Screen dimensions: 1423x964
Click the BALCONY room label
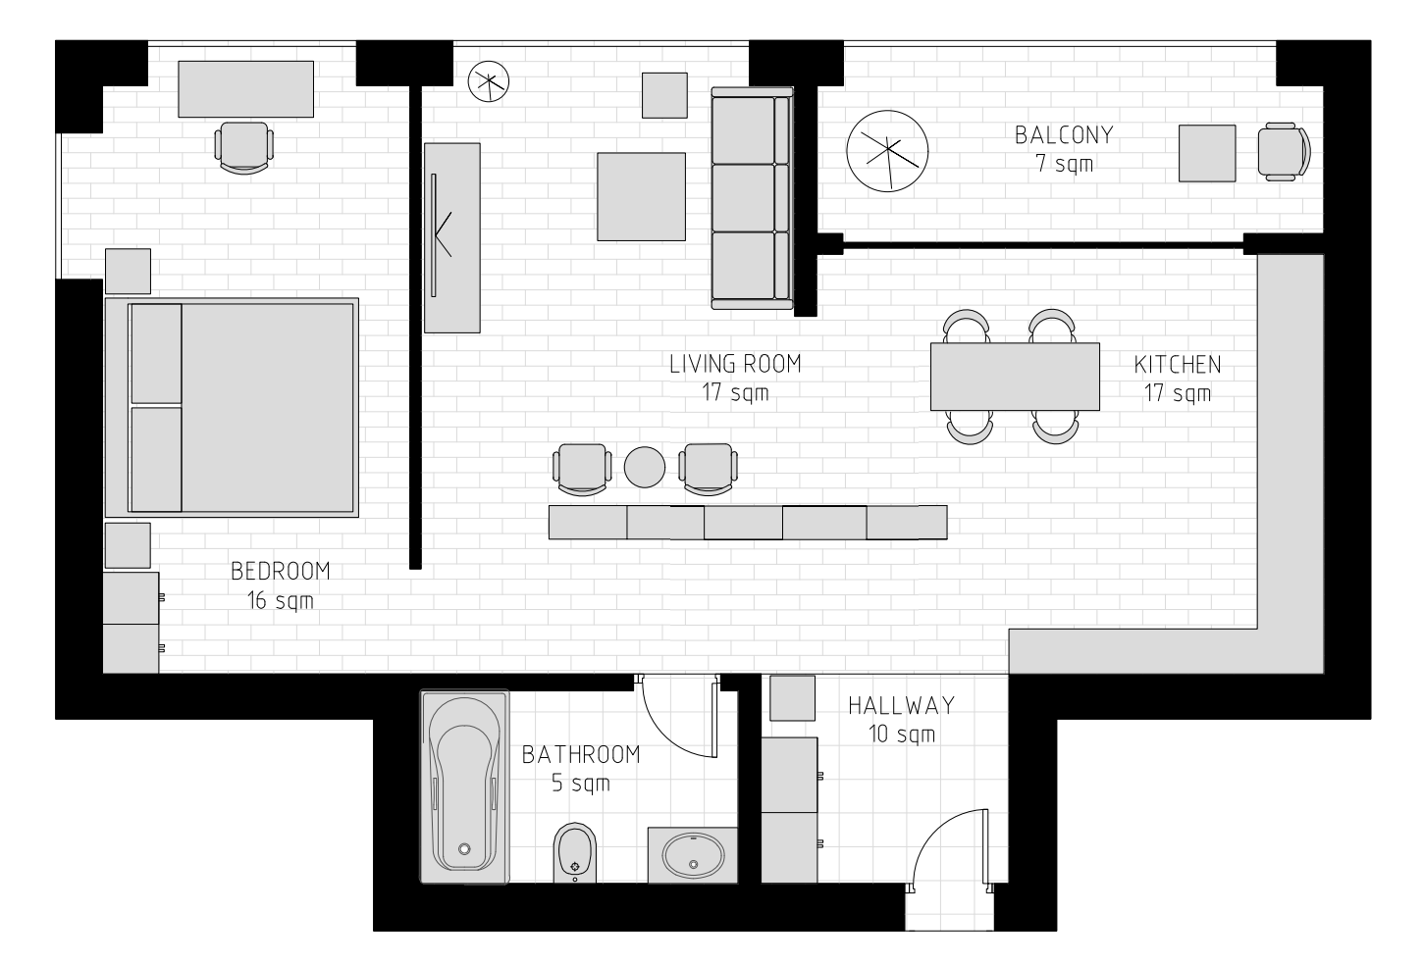tap(1064, 135)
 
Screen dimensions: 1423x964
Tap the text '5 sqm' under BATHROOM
tap(581, 784)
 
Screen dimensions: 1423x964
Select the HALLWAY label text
tap(902, 706)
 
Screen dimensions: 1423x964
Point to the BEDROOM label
tap(280, 571)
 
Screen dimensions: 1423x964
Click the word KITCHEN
tap(1177, 365)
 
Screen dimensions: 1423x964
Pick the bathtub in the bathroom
tap(464, 786)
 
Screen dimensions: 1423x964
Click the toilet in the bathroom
tap(574, 852)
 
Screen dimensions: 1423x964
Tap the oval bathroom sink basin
tap(693, 855)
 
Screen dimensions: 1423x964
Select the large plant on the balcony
tap(887, 151)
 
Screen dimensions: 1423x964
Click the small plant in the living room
tap(489, 81)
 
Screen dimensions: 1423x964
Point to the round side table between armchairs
tap(644, 467)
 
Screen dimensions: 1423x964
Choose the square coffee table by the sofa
tap(641, 197)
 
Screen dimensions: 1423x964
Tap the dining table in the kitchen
tap(1015, 377)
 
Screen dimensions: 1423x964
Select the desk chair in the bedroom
tap(244, 147)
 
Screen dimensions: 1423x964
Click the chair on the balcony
tap(1284, 152)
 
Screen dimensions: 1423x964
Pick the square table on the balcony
tap(1207, 153)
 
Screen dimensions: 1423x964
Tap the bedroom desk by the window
tap(246, 89)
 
